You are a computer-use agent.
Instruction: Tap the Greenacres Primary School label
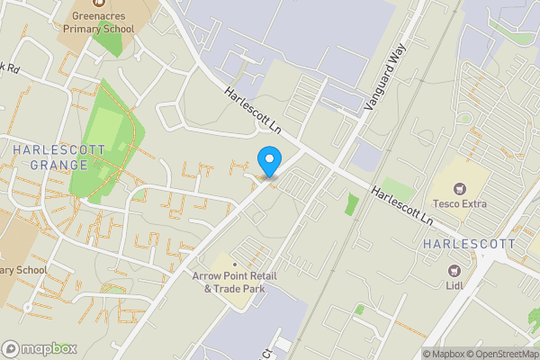(x=99, y=22)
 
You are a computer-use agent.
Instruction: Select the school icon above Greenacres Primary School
(x=99, y=4)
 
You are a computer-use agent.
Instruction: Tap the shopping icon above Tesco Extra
(x=460, y=188)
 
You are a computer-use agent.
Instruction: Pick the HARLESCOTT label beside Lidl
(x=470, y=244)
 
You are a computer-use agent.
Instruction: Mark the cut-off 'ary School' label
(x=23, y=269)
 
